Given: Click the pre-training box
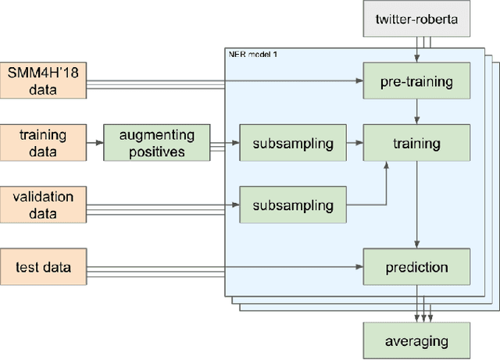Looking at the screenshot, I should (x=417, y=80).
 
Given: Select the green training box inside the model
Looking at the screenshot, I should (x=417, y=144).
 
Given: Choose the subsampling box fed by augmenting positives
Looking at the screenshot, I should (x=292, y=144).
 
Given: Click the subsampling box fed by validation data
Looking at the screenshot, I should (x=292, y=206).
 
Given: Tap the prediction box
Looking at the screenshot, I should (x=417, y=268).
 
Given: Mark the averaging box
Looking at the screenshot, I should (x=417, y=340).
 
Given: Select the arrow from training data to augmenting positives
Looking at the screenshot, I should (x=95, y=143).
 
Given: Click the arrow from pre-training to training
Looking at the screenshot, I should (x=417, y=112).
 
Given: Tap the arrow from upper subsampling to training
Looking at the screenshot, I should (x=354, y=144).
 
